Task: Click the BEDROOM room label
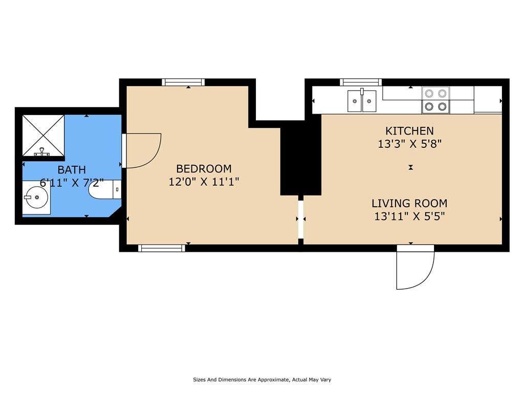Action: click(x=204, y=168)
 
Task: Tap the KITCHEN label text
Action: click(x=409, y=130)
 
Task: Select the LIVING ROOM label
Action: click(x=409, y=203)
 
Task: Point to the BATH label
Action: click(x=72, y=170)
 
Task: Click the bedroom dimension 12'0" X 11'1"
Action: click(x=204, y=182)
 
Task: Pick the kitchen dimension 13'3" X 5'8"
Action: click(x=409, y=144)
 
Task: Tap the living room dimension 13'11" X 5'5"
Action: click(x=409, y=216)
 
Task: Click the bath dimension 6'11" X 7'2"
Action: click(x=72, y=183)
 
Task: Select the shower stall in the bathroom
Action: click(x=43, y=135)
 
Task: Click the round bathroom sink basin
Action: click(x=36, y=197)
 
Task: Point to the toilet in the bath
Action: click(x=104, y=189)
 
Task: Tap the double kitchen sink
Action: click(x=362, y=101)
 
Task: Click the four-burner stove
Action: click(x=435, y=100)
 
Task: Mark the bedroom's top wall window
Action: click(x=183, y=82)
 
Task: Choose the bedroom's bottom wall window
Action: click(x=162, y=248)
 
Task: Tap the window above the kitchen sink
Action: click(x=361, y=82)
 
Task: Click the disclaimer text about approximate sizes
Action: click(x=262, y=380)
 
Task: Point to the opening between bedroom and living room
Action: click(x=301, y=219)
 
